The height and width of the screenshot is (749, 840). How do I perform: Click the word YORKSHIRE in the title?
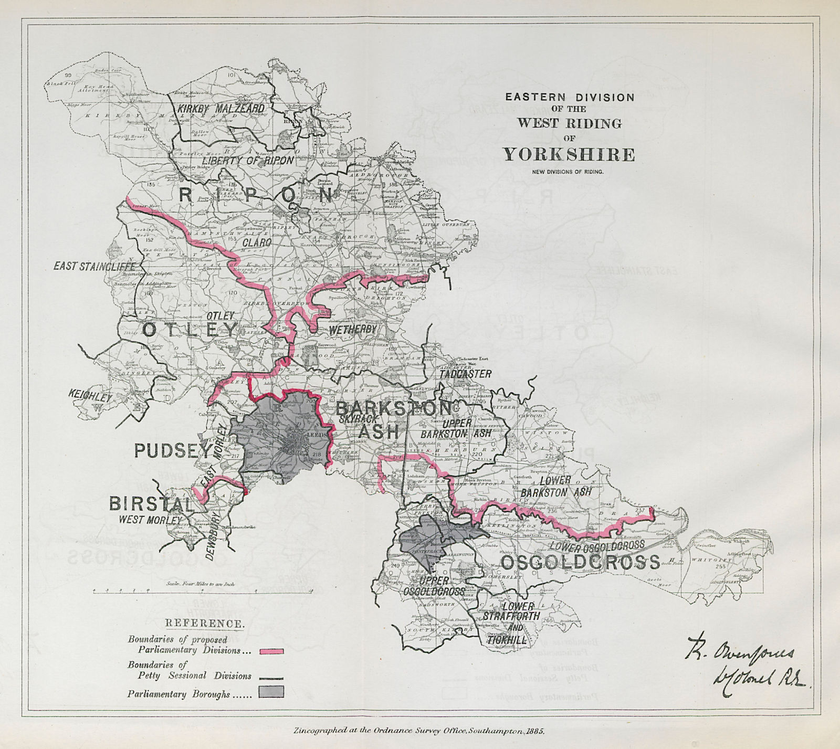pos(569,155)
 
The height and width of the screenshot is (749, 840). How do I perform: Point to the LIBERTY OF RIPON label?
pos(247,160)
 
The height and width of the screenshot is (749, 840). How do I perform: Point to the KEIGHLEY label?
pos(90,395)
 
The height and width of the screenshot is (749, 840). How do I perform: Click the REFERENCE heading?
pos(204,624)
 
